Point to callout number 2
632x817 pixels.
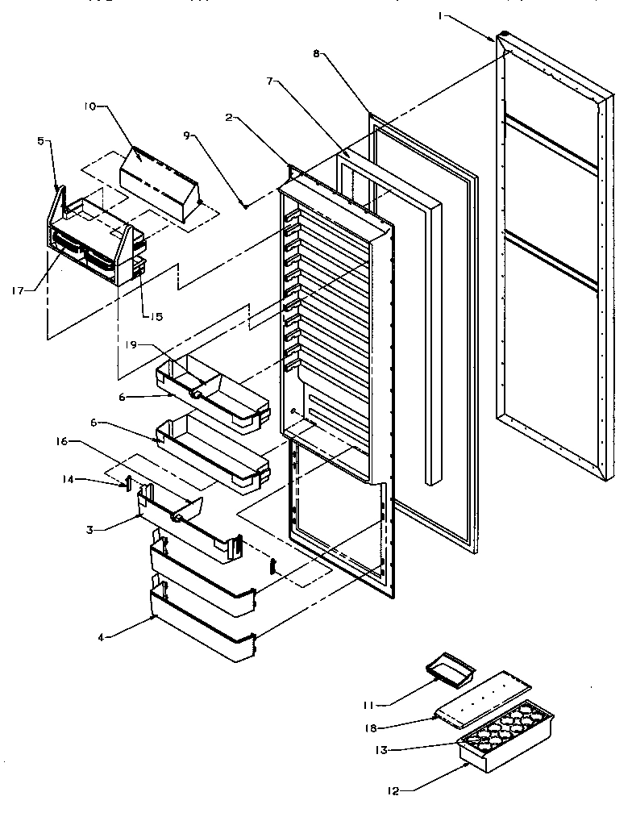[x=230, y=118]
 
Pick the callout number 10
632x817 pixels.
[x=88, y=105]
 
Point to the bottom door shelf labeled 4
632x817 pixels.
[x=202, y=633]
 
